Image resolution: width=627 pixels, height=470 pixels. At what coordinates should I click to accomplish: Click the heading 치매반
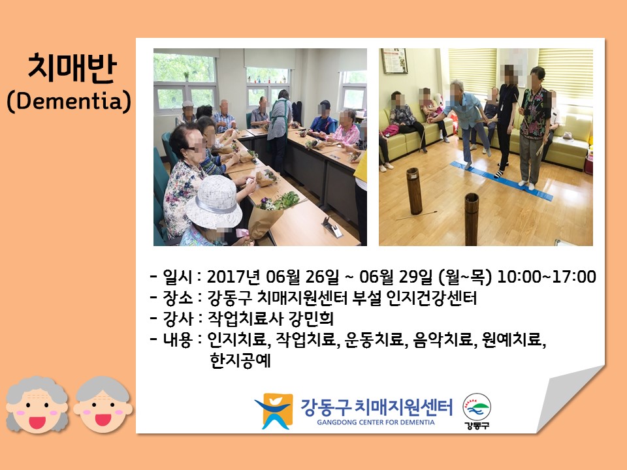[72, 68]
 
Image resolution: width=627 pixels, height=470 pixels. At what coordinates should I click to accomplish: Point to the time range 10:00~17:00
[546, 277]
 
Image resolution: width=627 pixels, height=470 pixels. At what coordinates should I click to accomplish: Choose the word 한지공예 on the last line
[240, 361]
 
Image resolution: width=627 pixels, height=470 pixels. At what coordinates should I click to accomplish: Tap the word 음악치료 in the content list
[443, 339]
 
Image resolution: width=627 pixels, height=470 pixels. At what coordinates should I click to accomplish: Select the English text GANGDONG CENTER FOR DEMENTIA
[376, 422]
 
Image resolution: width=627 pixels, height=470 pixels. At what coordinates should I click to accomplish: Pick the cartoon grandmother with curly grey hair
[37, 405]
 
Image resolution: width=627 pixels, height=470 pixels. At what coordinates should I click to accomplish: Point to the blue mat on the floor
[502, 180]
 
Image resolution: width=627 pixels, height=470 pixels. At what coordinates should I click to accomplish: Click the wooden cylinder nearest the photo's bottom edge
[472, 219]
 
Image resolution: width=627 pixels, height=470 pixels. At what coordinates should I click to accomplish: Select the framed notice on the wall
[394, 61]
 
